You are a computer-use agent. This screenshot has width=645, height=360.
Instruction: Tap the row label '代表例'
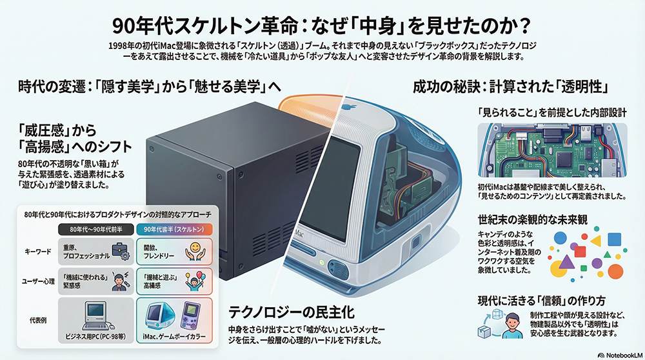click(x=37, y=318)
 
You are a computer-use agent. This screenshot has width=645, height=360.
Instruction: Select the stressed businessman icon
click(x=120, y=279)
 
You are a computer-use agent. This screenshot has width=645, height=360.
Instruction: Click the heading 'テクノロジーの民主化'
click(x=292, y=313)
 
